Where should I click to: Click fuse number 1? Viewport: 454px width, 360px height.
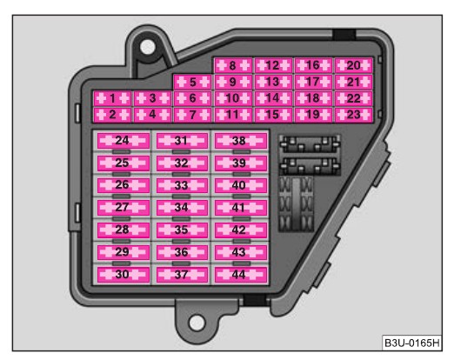click(x=112, y=99)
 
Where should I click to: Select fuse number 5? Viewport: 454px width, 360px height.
click(x=193, y=83)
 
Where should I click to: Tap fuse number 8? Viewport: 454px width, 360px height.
click(x=233, y=66)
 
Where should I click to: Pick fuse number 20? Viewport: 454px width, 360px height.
click(x=353, y=66)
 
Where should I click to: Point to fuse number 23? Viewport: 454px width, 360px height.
click(x=353, y=115)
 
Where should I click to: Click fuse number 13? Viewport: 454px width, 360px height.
click(x=273, y=83)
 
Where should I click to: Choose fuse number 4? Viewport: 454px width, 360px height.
click(x=153, y=115)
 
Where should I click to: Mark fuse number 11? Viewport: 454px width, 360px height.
click(x=233, y=115)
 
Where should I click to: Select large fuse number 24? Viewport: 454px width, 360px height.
click(x=124, y=141)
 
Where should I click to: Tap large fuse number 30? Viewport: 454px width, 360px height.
click(x=124, y=275)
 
